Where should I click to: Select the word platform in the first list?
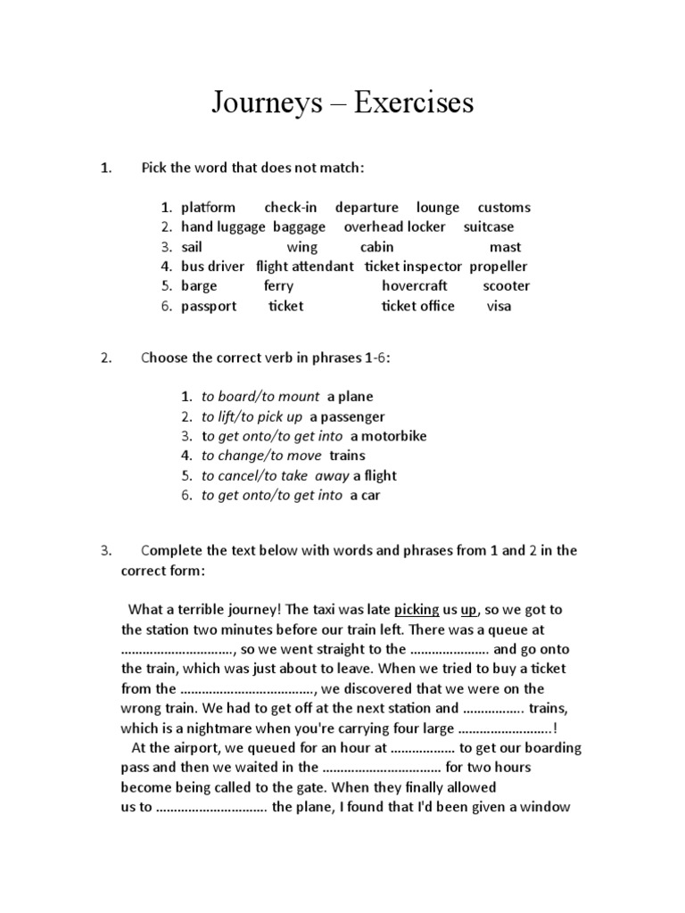pos(208,208)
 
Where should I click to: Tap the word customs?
pos(504,208)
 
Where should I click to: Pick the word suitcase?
pos(489,227)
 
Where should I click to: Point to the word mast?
pos(505,247)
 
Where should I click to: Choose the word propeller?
pos(499,267)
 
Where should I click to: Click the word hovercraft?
pos(415,286)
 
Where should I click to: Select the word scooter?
pos(506,286)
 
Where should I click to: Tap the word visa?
pos(499,306)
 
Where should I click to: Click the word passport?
pos(209,306)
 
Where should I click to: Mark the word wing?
pos(301,247)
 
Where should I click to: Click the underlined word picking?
pos(417,610)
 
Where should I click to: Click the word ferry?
pos(278,286)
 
